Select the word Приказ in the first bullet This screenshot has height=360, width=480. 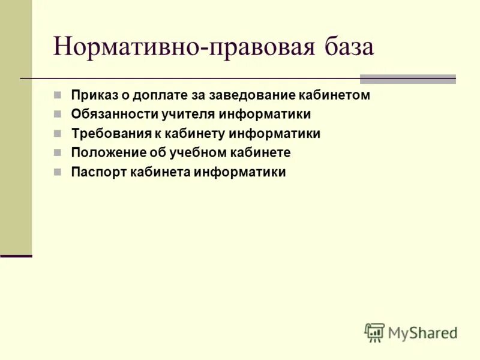pos(90,95)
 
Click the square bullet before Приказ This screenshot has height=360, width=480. pos(57,95)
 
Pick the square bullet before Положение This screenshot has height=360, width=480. pos(57,152)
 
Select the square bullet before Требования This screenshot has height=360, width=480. pos(57,133)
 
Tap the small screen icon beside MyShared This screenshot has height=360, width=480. pos(374,332)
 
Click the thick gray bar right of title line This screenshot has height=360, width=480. pos(407,79)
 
